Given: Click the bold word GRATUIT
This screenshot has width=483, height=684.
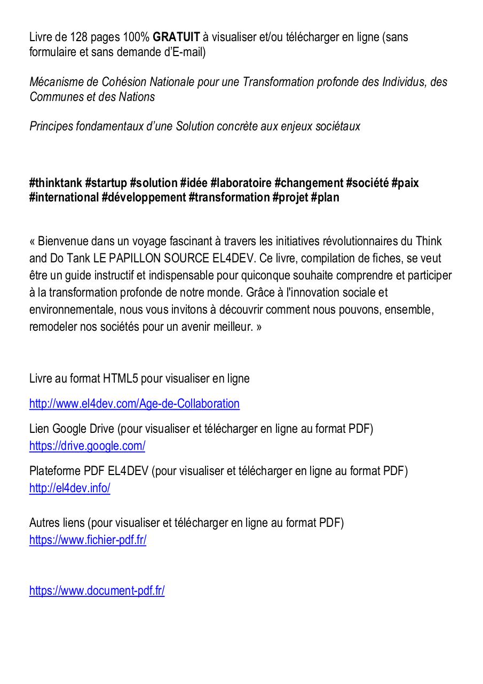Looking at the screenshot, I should (177, 37).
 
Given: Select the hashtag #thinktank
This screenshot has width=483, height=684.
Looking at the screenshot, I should (56, 183).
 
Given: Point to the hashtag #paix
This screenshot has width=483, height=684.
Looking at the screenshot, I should (405, 183).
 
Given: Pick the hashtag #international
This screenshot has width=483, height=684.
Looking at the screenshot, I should (64, 198).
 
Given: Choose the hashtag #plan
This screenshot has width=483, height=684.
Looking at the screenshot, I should (325, 198).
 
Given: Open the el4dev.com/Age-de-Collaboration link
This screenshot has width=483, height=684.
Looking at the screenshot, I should (134, 404).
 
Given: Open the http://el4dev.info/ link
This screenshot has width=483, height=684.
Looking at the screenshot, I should (70, 488).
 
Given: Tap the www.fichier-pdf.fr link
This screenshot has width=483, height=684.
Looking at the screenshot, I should (88, 540).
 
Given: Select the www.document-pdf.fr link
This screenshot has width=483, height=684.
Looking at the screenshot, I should (97, 591).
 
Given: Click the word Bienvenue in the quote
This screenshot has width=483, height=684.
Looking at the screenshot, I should (61, 242).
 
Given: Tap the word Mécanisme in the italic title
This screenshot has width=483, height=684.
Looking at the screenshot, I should (54, 82).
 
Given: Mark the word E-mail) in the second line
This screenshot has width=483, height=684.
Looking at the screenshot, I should (187, 52).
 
